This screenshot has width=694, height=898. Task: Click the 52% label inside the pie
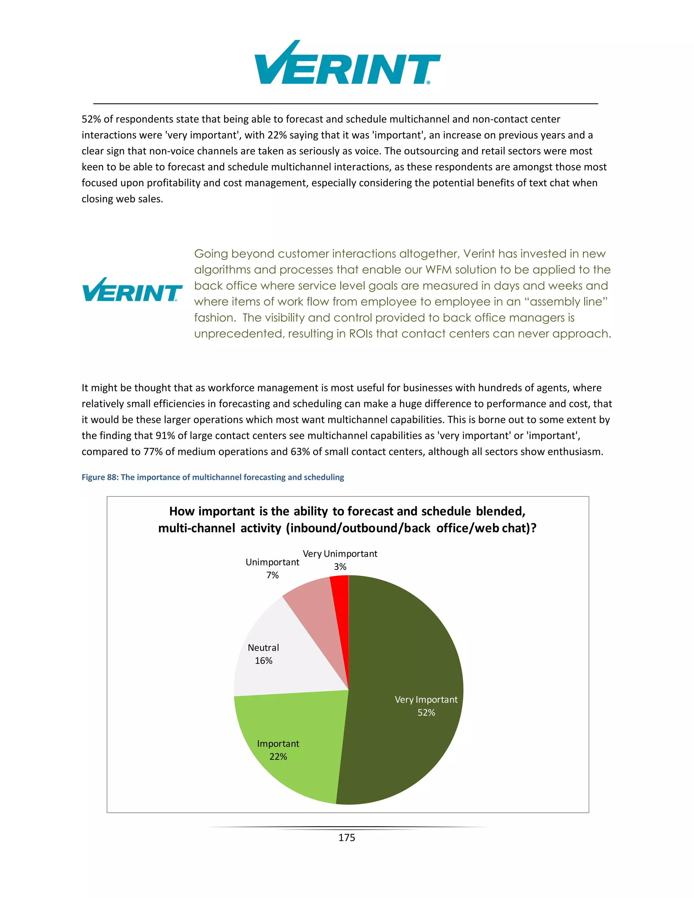426,713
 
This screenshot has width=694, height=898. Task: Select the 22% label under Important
278,757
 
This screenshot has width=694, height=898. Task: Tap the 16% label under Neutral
264,661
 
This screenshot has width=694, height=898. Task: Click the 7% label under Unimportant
272,575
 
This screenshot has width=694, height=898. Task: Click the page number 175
347,838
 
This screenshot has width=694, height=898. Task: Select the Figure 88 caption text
212,477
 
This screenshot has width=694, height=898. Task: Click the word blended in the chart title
501,511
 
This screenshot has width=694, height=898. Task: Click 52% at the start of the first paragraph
91,119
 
